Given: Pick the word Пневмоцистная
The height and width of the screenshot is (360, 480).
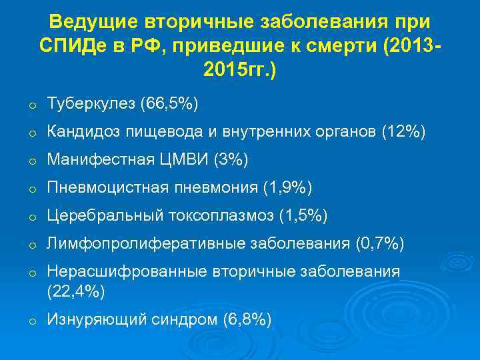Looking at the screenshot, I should tap(101, 189).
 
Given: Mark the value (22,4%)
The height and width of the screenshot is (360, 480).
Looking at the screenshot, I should tap(75, 291).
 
